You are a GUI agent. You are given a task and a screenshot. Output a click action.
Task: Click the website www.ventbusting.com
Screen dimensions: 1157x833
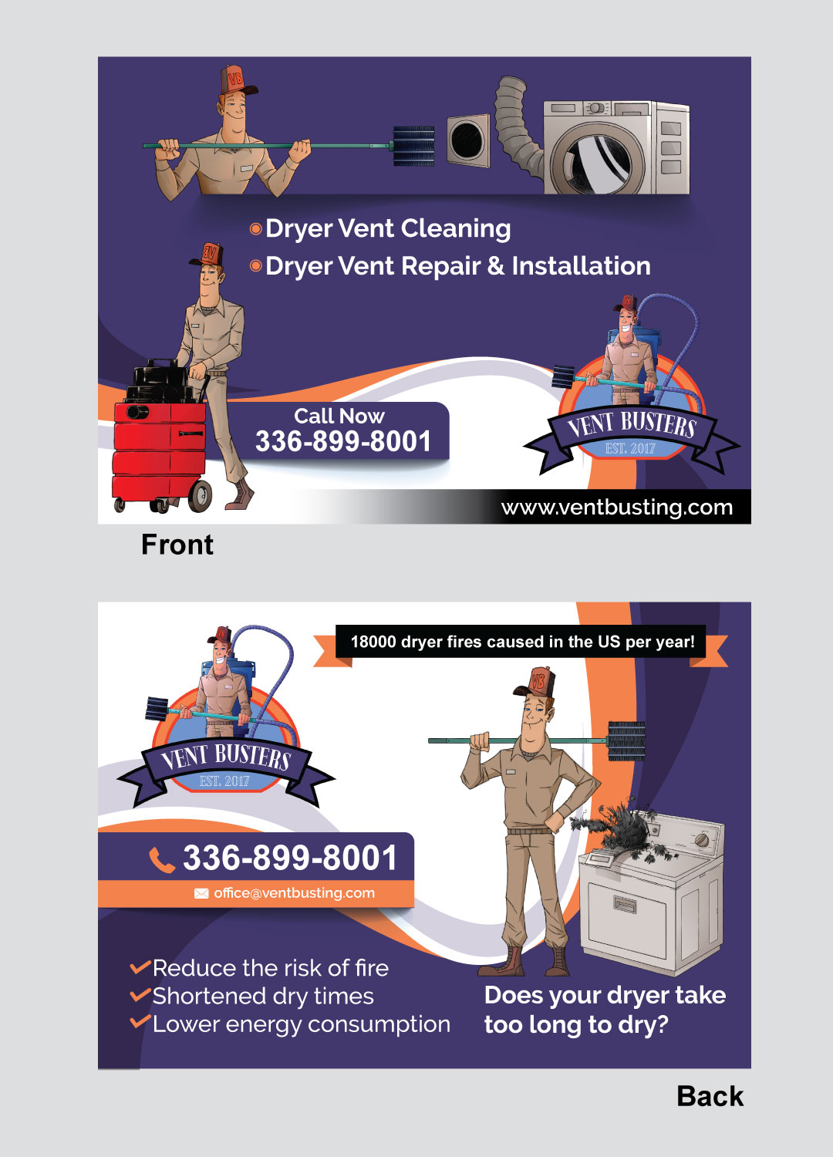(616, 508)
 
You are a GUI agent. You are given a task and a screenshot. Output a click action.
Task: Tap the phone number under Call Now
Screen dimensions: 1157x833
(343, 442)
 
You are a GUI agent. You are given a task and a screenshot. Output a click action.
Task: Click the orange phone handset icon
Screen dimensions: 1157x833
(161, 859)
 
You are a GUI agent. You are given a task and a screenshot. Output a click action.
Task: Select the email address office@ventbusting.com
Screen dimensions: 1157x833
(294, 893)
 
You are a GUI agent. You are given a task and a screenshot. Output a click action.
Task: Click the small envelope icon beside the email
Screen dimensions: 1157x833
(201, 893)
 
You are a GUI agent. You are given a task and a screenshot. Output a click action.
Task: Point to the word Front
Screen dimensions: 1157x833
(177, 545)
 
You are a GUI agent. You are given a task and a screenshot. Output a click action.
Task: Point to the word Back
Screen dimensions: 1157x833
(710, 1096)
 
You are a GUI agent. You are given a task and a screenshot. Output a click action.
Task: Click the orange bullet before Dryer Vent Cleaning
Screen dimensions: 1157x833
(256, 229)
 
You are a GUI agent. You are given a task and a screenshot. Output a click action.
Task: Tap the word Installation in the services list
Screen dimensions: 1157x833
(581, 266)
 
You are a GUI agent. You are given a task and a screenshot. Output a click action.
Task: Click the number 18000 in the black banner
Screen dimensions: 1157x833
(373, 642)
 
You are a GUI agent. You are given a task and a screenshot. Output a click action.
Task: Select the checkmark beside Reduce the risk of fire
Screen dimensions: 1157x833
(140, 967)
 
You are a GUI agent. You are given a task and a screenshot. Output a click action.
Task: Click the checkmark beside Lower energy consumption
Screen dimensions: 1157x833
(140, 1023)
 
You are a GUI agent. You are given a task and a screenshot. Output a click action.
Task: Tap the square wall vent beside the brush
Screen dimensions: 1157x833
(467, 140)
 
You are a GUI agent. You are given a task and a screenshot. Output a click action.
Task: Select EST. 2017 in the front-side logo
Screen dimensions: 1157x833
(630, 448)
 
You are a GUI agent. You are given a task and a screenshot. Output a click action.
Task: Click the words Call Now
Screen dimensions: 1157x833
(339, 416)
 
